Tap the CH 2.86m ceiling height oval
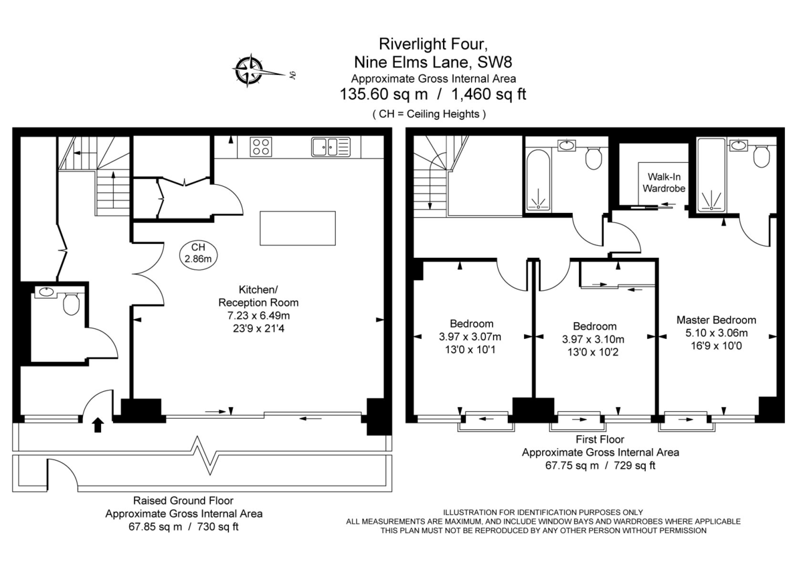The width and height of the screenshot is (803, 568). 198,253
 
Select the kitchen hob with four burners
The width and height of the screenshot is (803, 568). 260,146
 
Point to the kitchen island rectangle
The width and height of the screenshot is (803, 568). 298,228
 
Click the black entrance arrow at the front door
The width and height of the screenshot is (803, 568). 97,424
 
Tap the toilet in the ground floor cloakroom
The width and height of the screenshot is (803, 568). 70,305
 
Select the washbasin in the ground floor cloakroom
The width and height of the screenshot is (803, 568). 46,292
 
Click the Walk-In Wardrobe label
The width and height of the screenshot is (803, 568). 664,183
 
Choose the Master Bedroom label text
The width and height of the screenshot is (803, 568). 716,320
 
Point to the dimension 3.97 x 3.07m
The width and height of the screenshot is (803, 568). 471,336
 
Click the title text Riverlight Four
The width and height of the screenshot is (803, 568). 428,44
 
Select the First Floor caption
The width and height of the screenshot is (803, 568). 600,439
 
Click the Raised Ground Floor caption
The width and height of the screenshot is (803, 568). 183,500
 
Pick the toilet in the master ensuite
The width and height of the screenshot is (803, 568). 761,157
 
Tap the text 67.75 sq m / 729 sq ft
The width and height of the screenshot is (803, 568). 600,465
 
